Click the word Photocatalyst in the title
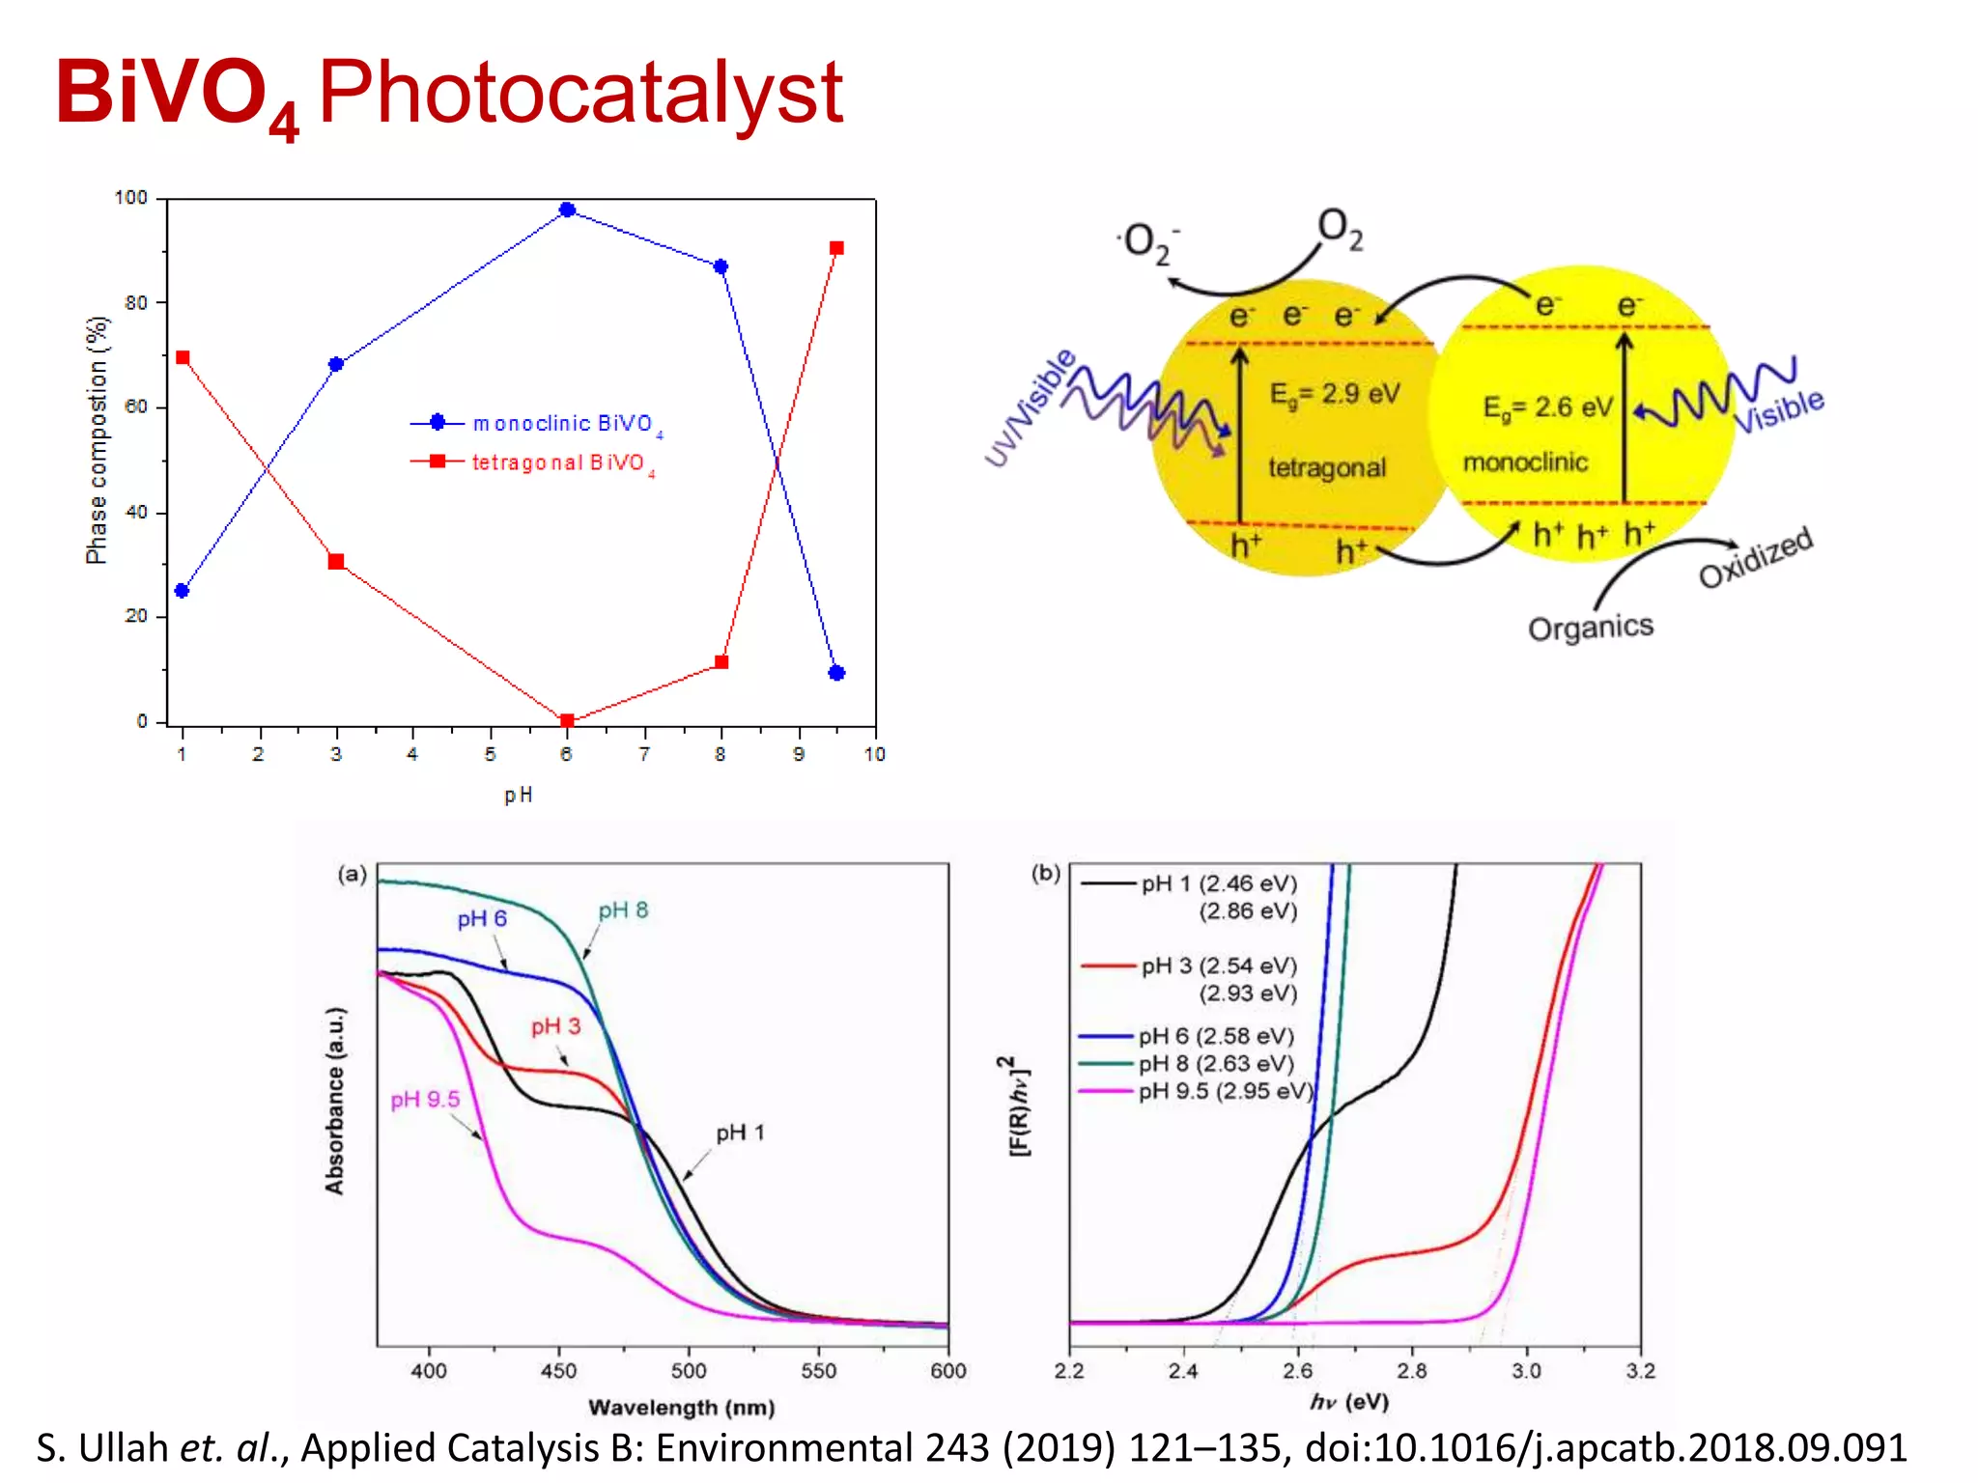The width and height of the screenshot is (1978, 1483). click(x=580, y=94)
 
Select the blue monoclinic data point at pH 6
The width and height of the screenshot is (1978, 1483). click(x=567, y=210)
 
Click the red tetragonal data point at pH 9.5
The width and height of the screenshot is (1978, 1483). click(x=836, y=248)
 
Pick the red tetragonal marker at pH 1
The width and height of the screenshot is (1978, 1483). click(x=183, y=358)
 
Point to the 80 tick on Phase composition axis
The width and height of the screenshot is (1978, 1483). click(x=136, y=303)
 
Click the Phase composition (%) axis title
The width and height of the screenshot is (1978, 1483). click(x=98, y=440)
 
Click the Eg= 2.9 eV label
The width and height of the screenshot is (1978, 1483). click(x=1333, y=394)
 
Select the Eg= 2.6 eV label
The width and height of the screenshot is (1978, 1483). click(x=1547, y=407)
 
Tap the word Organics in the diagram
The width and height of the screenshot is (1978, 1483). click(x=1590, y=628)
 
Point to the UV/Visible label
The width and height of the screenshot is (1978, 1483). click(x=1030, y=407)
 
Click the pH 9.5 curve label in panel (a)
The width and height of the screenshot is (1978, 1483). click(x=425, y=1100)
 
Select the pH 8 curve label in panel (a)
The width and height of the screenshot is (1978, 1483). click(x=623, y=910)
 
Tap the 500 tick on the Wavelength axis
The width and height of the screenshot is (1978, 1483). click(x=689, y=1371)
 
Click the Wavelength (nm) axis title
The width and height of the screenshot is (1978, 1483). click(x=681, y=1408)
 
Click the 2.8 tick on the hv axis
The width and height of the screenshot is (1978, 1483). click(x=1411, y=1371)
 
